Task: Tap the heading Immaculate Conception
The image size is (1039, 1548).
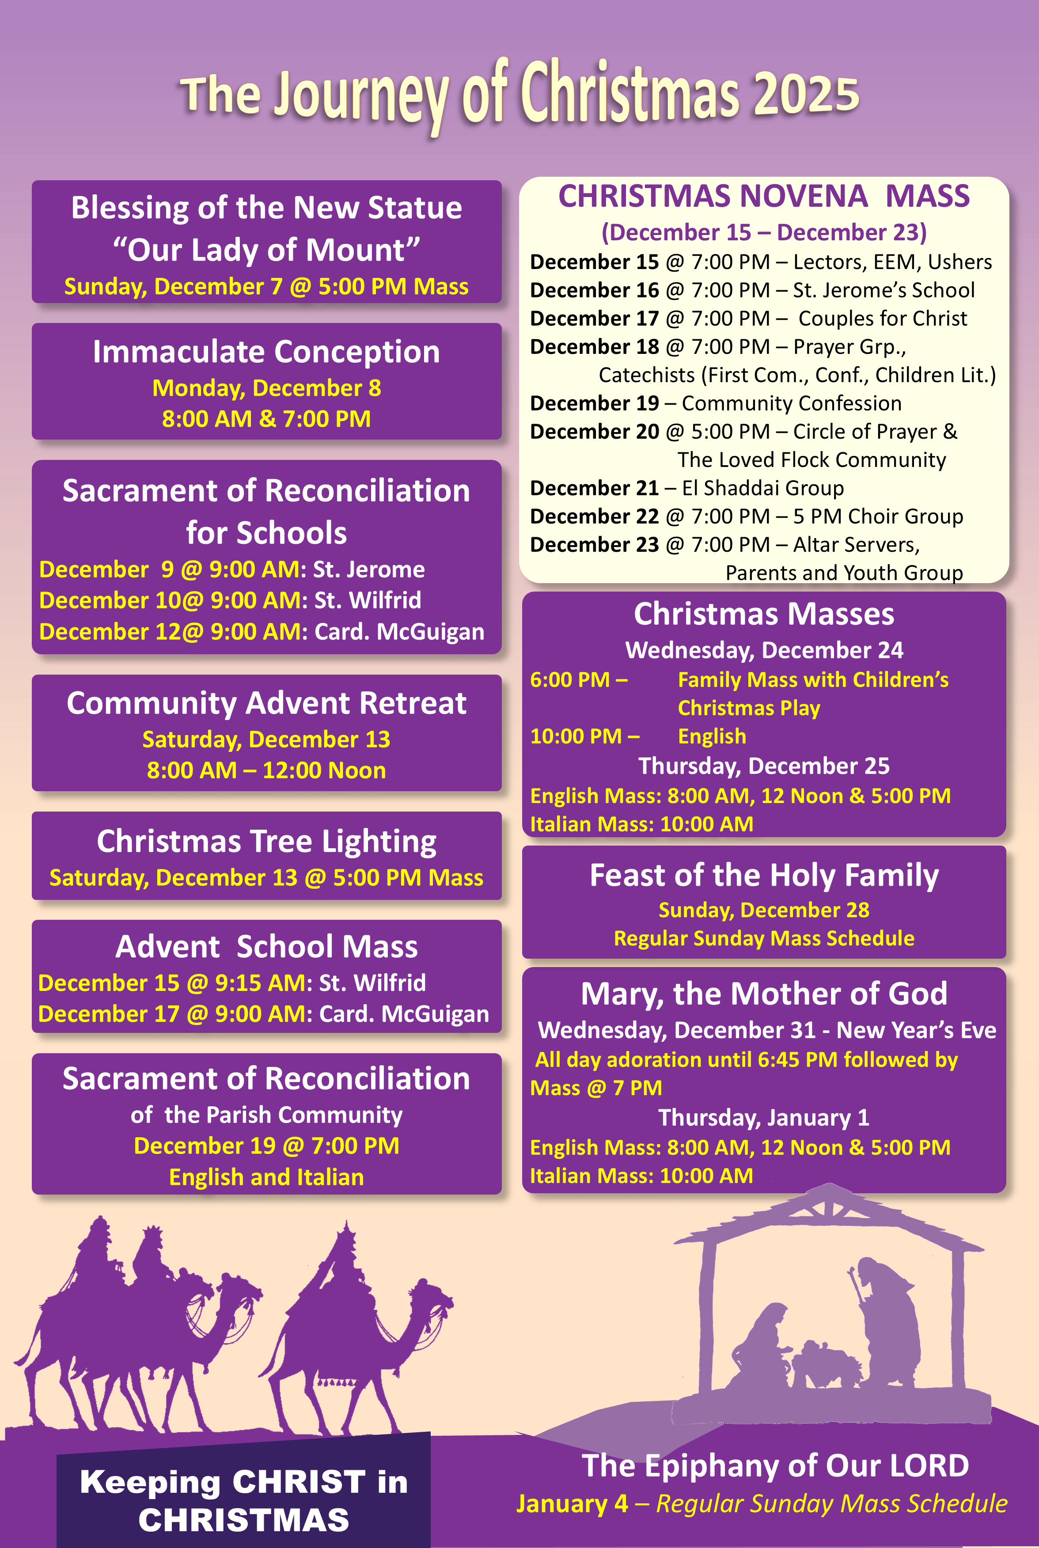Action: [x=266, y=351]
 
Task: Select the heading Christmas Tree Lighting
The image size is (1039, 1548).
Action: [x=266, y=841]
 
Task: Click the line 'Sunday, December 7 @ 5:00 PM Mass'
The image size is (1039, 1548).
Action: [x=266, y=286]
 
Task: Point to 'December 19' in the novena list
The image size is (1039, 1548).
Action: [x=595, y=404]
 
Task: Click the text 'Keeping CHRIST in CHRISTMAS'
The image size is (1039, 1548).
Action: [x=244, y=1500]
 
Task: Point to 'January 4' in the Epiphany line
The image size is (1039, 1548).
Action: [x=572, y=1504]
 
